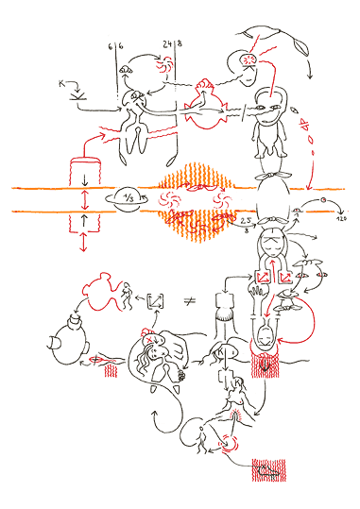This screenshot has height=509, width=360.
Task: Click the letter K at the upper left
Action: point(62,85)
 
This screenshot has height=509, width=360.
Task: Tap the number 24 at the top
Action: point(167,43)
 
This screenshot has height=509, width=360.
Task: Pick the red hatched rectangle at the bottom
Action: point(267,468)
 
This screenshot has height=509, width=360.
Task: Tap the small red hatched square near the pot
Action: point(109,369)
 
